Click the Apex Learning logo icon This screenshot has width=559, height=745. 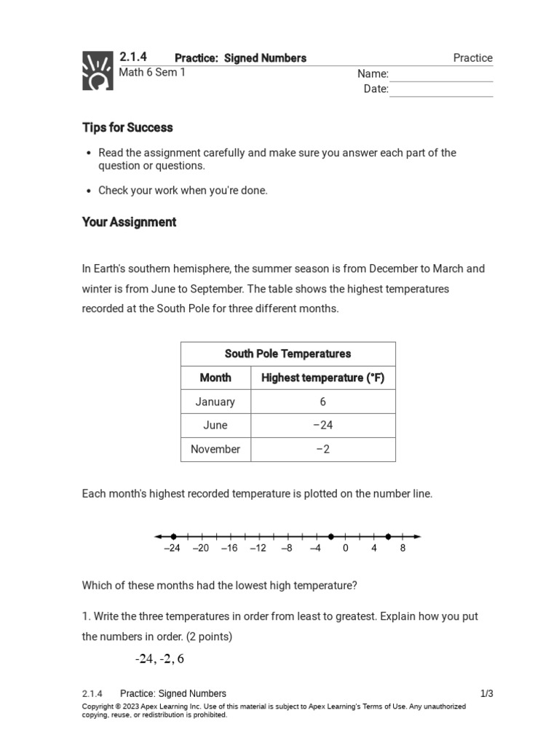click(97, 71)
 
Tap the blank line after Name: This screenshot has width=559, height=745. click(441, 75)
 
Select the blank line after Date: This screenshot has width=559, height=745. click(441, 90)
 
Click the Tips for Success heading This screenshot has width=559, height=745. click(127, 127)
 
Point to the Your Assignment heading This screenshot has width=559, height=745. click(129, 222)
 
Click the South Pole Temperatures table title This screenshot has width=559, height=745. click(288, 354)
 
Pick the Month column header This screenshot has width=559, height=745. click(215, 378)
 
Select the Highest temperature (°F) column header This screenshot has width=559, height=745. click(322, 378)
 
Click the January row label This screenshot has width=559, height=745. click(215, 402)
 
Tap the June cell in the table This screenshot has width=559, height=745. click(215, 426)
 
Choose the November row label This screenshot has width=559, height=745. click(215, 450)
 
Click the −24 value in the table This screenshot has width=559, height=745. click(322, 426)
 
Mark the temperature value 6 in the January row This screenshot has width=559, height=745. click(322, 402)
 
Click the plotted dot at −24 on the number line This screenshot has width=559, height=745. click(173, 536)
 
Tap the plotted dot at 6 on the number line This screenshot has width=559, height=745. click(388, 536)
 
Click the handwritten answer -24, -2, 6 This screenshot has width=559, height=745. click(159, 659)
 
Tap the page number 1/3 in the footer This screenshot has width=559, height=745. click(486, 693)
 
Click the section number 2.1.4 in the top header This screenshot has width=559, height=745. click(132, 57)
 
